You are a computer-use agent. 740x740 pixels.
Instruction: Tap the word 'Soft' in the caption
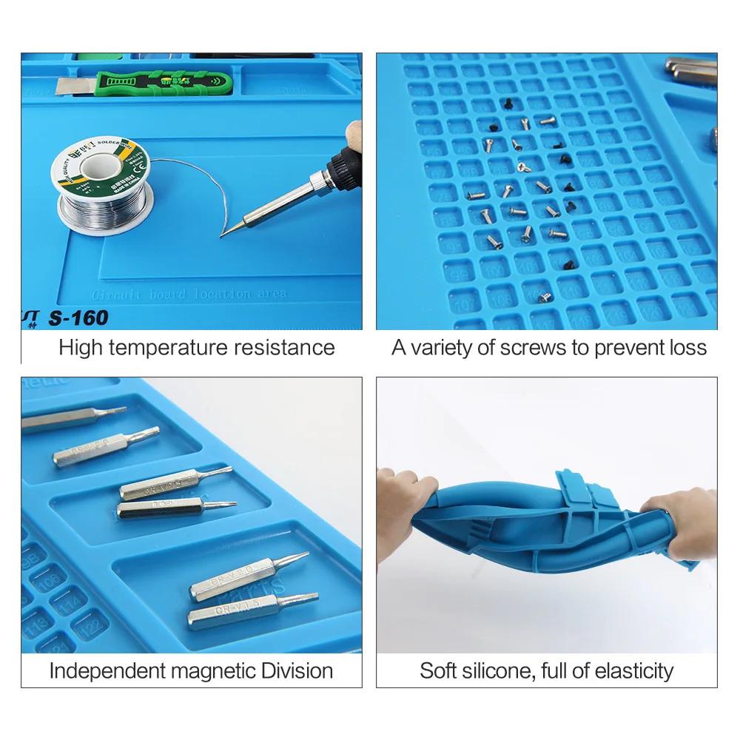point(437,671)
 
